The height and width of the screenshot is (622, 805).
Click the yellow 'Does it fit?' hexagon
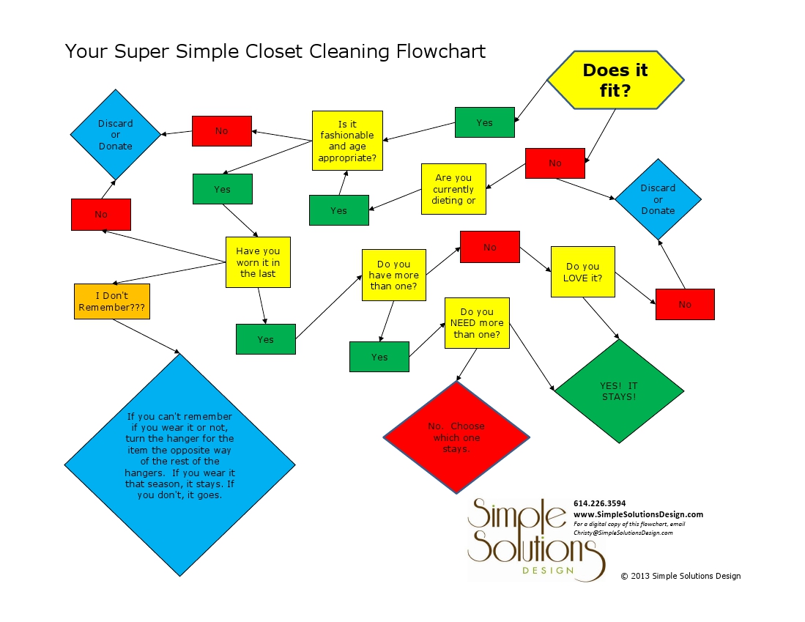tap(615, 81)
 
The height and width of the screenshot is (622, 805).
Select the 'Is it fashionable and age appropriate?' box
tap(347, 141)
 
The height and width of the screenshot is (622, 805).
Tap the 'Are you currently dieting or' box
tap(453, 189)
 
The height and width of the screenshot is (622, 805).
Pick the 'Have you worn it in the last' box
tap(258, 262)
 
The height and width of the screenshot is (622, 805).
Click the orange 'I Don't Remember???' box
tap(112, 301)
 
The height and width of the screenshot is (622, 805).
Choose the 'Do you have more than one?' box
tap(393, 275)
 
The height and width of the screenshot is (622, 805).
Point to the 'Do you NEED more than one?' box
tap(477, 323)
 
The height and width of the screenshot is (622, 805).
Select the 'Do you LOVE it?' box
tap(582, 272)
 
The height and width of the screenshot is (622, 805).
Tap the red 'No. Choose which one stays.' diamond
tap(456, 437)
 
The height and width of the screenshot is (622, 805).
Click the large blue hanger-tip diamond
tap(179, 464)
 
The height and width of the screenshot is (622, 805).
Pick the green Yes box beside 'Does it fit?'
tap(484, 122)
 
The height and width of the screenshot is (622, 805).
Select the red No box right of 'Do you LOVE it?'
tap(685, 304)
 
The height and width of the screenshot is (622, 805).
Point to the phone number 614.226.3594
tap(599, 503)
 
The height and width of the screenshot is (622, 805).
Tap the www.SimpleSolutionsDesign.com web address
tap(638, 514)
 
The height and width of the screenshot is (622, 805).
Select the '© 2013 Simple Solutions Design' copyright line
tap(680, 576)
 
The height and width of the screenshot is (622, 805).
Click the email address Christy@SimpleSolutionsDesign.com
tap(623, 533)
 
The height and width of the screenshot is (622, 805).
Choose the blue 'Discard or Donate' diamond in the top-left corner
tap(116, 135)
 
